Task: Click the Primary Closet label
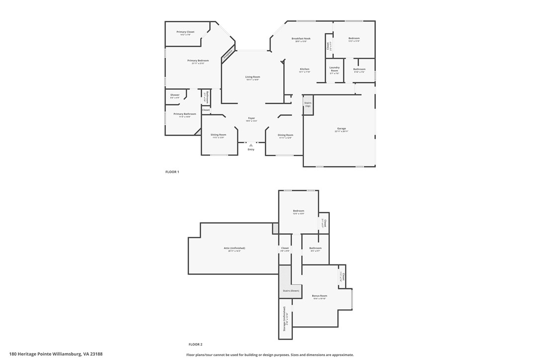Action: coord(185,32)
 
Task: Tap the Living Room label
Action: coord(253,77)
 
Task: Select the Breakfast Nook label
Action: coord(301,38)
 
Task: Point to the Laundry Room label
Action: coord(334,69)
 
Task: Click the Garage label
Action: coord(341,129)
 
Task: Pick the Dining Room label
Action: coord(285,135)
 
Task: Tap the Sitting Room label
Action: coord(218,135)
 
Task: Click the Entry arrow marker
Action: coord(251,145)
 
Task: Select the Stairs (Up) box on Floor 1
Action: coord(308,105)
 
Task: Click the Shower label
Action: coord(175,95)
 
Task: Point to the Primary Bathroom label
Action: coord(184,114)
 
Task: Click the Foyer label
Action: coord(251,118)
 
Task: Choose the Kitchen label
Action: coord(304,69)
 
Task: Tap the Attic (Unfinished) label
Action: coord(234,248)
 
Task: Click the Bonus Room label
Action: coord(319,296)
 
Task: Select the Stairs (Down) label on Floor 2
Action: coord(291,290)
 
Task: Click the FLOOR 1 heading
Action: coord(172,172)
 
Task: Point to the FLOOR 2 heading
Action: coord(195,344)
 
